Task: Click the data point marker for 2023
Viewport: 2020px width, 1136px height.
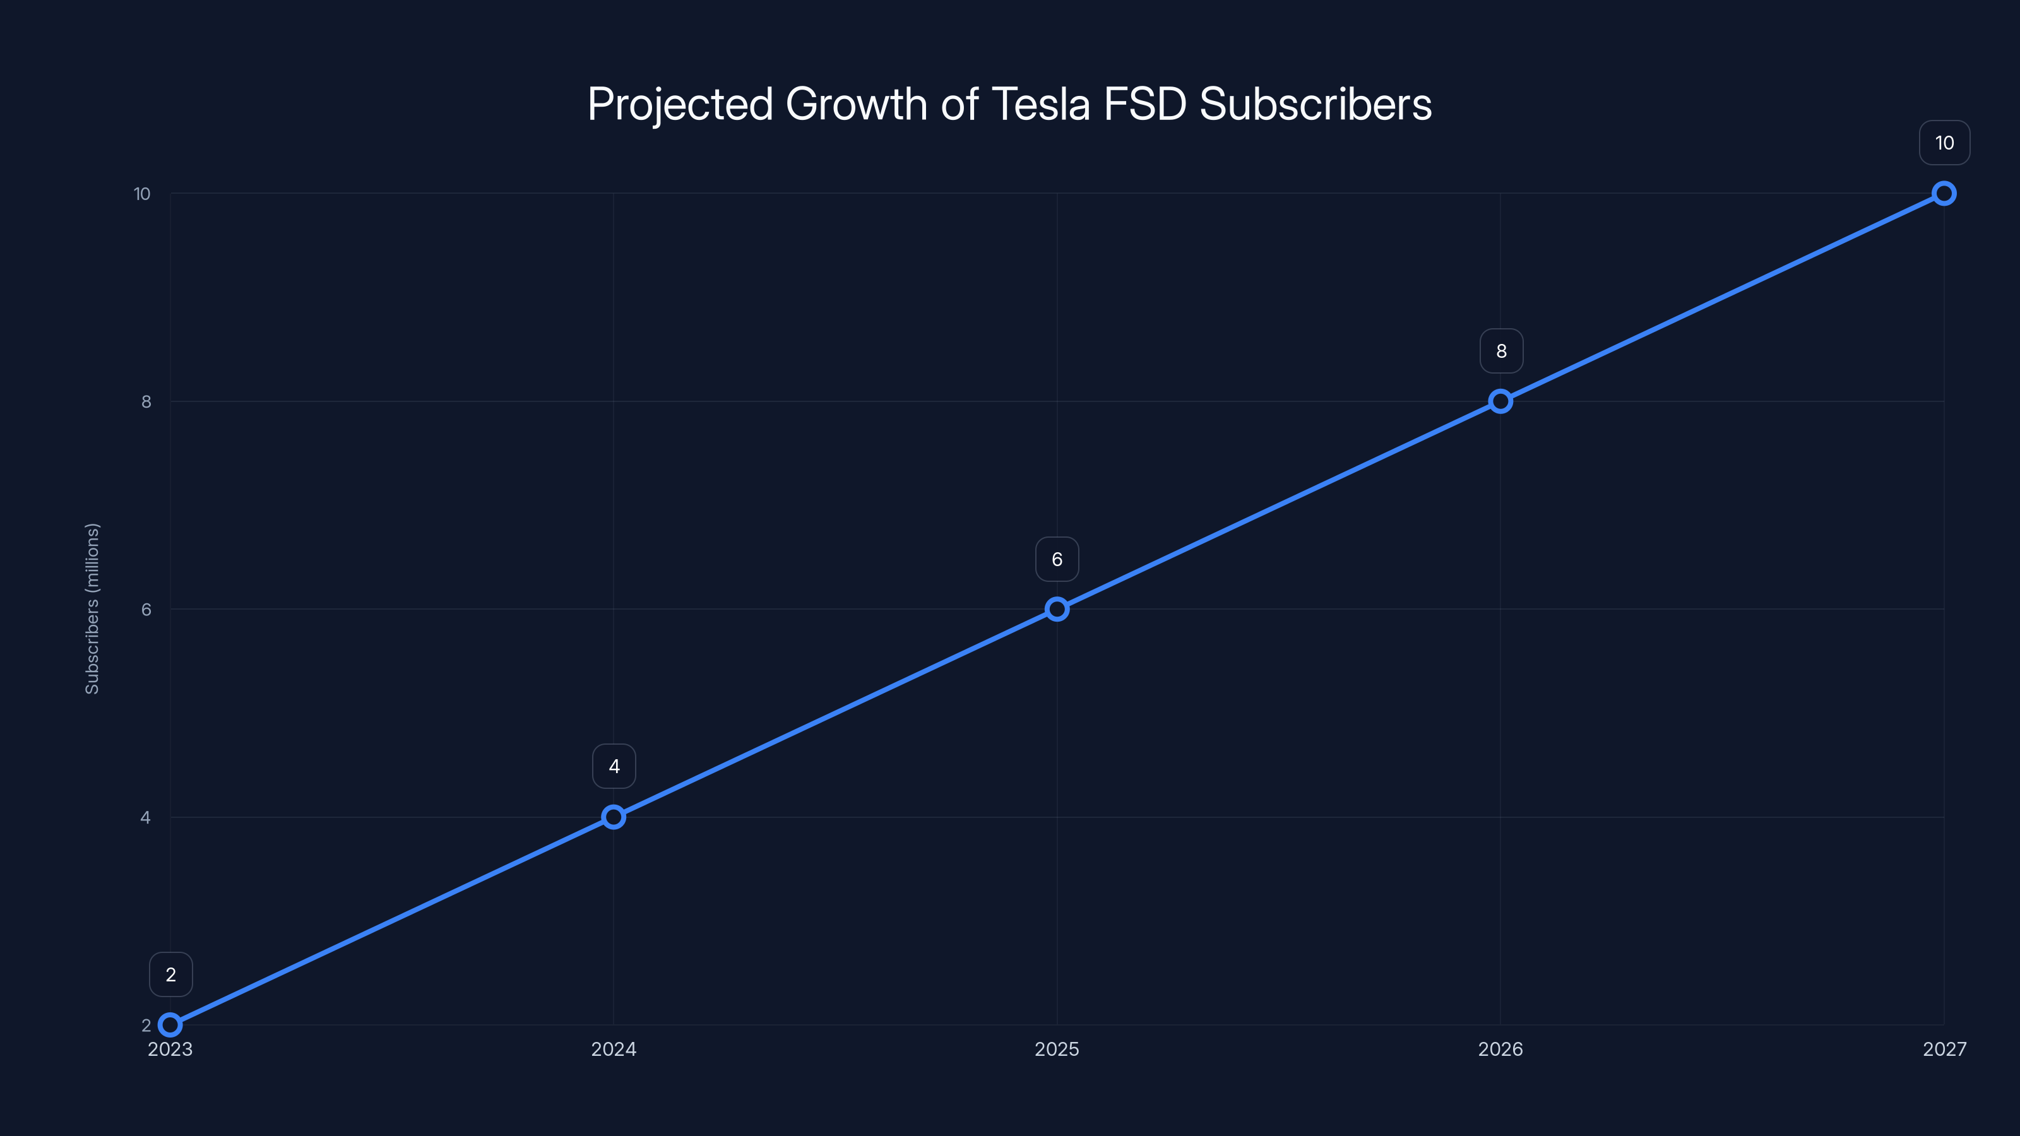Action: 170,1025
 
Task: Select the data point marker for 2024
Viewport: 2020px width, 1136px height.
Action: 613,817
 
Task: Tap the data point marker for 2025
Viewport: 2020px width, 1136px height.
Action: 1057,609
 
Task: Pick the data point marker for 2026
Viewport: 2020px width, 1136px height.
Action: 1500,401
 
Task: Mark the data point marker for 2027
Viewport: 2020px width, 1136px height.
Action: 1944,194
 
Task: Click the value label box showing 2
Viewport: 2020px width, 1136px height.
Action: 171,974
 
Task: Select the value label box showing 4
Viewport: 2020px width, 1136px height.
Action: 614,766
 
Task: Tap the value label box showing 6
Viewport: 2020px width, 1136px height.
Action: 1057,559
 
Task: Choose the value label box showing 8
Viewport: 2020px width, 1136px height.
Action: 1501,352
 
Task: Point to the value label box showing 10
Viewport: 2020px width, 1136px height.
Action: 1944,143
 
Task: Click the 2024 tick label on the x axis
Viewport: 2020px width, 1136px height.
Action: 613,1049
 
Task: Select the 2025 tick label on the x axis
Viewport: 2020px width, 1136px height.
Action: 1057,1049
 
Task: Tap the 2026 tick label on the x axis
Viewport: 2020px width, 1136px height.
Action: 1500,1049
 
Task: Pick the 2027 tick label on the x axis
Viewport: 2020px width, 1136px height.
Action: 1944,1049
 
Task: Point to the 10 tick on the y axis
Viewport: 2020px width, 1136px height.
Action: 142,194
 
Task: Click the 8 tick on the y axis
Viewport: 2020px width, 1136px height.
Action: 146,401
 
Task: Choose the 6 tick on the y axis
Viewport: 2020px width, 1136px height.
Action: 146,609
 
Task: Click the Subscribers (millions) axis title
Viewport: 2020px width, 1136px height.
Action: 92,608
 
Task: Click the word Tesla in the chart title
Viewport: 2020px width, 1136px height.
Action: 1040,104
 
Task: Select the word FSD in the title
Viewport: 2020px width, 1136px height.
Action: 1145,104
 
